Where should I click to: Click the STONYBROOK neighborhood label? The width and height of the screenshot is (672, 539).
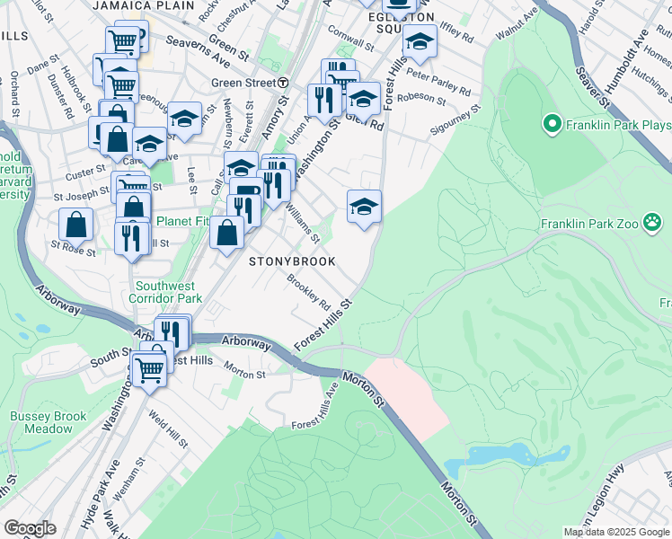(x=291, y=261)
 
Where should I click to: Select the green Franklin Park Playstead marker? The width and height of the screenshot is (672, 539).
(x=551, y=122)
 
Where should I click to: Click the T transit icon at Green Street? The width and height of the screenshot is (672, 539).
(x=283, y=83)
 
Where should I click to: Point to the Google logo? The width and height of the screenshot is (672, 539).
(x=30, y=528)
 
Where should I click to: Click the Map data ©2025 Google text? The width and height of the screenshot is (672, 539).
(x=616, y=532)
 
